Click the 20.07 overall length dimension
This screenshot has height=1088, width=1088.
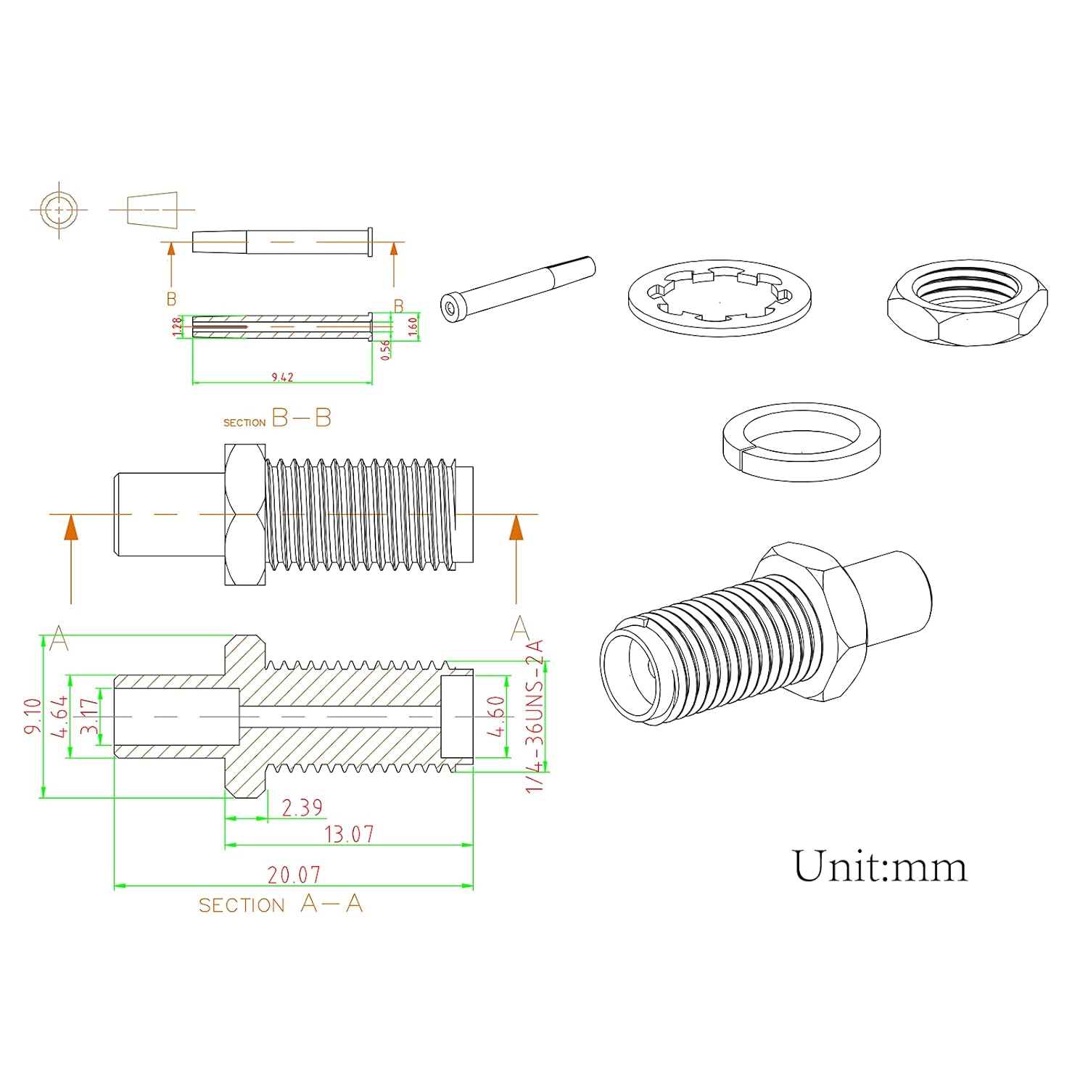[294, 875]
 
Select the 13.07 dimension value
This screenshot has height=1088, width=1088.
[349, 834]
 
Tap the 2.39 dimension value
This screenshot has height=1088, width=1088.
[302, 807]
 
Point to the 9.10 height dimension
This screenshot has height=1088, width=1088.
[33, 716]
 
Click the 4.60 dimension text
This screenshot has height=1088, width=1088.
[495, 716]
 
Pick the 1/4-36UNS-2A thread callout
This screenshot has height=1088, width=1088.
[535, 716]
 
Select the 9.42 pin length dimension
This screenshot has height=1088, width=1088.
[282, 377]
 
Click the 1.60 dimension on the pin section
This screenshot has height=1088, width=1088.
[413, 326]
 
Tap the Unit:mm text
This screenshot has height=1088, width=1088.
[879, 867]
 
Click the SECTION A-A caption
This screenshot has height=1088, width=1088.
[281, 904]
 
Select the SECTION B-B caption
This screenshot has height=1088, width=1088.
[277, 419]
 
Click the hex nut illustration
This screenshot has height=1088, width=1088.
[967, 302]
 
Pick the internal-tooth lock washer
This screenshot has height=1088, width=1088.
[720, 298]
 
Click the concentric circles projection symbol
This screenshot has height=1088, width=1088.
[59, 210]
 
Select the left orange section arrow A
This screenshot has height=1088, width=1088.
[71, 528]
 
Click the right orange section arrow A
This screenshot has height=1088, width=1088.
[516, 528]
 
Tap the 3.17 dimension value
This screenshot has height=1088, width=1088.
[89, 716]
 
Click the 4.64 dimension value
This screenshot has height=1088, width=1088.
[60, 716]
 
